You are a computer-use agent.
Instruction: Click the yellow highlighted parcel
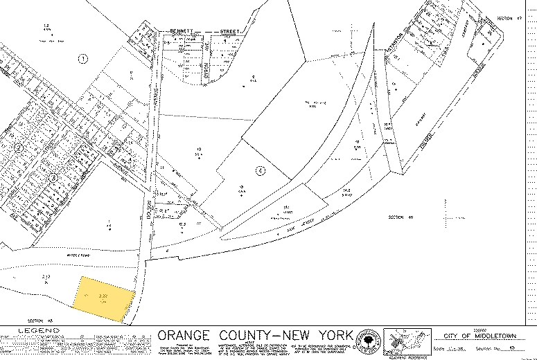(105, 298)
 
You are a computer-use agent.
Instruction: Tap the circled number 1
(82, 59)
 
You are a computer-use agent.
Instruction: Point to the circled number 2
(19, 147)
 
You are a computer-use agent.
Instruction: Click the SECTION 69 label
(400, 217)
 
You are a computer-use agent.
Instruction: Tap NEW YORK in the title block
(318, 333)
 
